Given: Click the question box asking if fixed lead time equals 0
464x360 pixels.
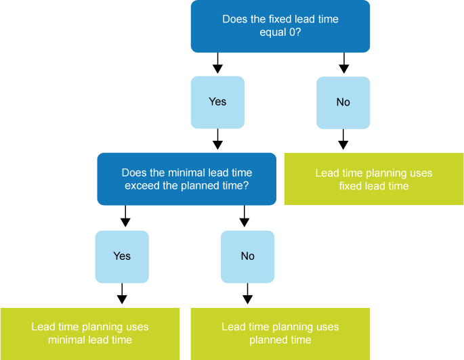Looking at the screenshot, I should point(280,26).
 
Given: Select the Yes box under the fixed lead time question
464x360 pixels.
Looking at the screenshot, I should point(217,102).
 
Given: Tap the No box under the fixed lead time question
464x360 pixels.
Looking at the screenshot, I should point(343,102).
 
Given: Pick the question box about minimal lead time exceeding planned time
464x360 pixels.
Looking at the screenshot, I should point(186,179).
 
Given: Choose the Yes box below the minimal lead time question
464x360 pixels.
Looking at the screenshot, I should point(122,256).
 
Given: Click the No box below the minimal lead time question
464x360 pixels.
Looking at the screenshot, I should point(248,256).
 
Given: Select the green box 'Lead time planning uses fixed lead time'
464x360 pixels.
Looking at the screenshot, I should point(373,179).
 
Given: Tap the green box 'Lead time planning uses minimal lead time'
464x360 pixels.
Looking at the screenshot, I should point(89,334).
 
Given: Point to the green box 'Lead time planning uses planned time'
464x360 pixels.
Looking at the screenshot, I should point(280,334).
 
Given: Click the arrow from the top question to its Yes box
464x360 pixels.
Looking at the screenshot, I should point(217,64).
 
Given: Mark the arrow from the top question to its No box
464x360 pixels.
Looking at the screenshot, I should point(343,64).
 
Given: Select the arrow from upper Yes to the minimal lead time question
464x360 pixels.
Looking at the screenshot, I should point(217,140).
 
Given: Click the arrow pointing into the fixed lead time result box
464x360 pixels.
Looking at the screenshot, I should point(343,140).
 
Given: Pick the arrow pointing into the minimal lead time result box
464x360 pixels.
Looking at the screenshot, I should point(122,294).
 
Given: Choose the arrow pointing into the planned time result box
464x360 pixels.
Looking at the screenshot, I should point(248,294).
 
